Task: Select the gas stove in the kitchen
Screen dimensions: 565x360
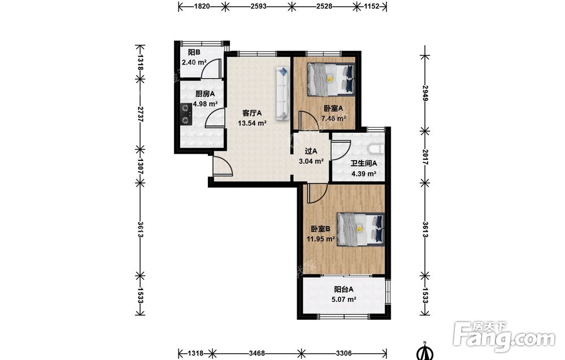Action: (x=186, y=114)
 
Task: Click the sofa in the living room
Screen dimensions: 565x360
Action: (x=282, y=93)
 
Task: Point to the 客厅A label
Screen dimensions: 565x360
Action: (x=252, y=113)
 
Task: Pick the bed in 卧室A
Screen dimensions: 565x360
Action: (x=331, y=80)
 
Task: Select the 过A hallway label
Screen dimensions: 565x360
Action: (x=311, y=151)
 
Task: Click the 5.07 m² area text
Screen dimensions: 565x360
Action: (x=344, y=299)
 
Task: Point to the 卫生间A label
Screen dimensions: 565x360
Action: (x=363, y=163)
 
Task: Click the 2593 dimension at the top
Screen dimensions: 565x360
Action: (x=258, y=6)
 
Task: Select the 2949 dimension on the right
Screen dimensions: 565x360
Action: (x=425, y=93)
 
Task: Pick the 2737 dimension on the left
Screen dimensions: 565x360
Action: (x=140, y=114)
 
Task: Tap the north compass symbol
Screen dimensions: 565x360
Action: (x=425, y=352)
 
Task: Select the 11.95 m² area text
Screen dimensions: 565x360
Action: (x=321, y=238)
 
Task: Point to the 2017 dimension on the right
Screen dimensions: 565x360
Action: (x=425, y=157)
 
